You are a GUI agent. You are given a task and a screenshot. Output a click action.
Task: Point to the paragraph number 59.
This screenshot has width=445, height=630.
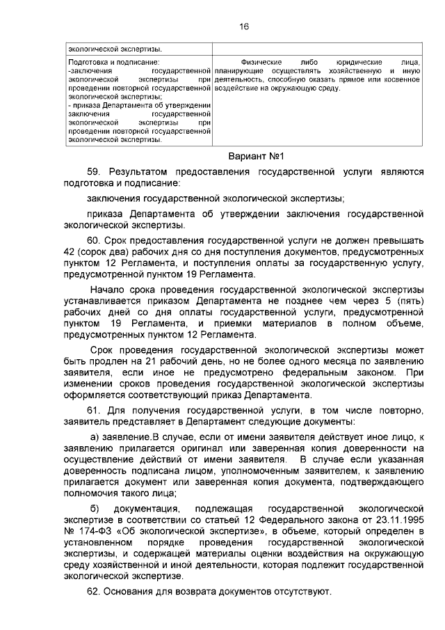pos(95,171)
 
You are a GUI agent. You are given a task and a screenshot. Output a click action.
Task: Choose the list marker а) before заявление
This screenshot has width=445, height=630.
pos(89,436)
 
